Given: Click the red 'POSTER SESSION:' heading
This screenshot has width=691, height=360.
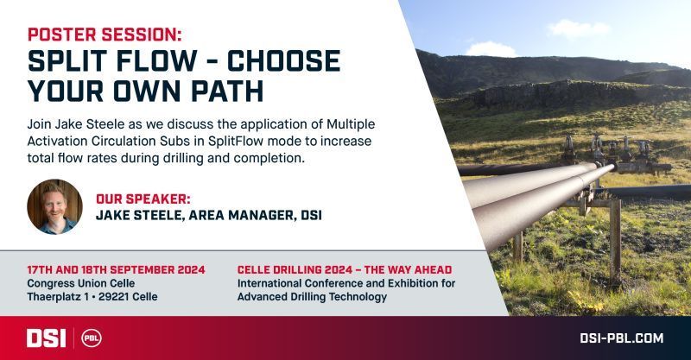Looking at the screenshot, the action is (105, 35).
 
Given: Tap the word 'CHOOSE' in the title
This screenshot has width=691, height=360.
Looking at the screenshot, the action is (283, 60).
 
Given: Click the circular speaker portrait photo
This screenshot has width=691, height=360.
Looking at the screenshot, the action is (54, 206).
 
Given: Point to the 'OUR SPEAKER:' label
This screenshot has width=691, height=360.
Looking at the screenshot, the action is (143, 199).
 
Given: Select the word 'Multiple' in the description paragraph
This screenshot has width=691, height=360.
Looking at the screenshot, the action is (351, 124).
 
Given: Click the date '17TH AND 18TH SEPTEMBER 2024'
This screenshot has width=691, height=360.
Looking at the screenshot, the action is (117, 269).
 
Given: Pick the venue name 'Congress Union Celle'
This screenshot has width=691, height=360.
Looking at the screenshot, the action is (81, 283).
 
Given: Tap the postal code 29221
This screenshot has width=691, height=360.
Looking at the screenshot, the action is (113, 297).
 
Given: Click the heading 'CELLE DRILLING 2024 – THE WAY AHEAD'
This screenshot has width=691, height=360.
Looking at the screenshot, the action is (345, 269).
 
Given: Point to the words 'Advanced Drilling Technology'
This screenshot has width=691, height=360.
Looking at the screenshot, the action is (312, 297).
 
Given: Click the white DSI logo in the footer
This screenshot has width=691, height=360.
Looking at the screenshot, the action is (47, 338).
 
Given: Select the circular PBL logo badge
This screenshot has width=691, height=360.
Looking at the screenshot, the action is (92, 338).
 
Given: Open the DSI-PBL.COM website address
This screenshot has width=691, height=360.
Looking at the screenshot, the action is (621, 338).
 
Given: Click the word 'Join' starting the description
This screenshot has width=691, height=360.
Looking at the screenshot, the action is (39, 124).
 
